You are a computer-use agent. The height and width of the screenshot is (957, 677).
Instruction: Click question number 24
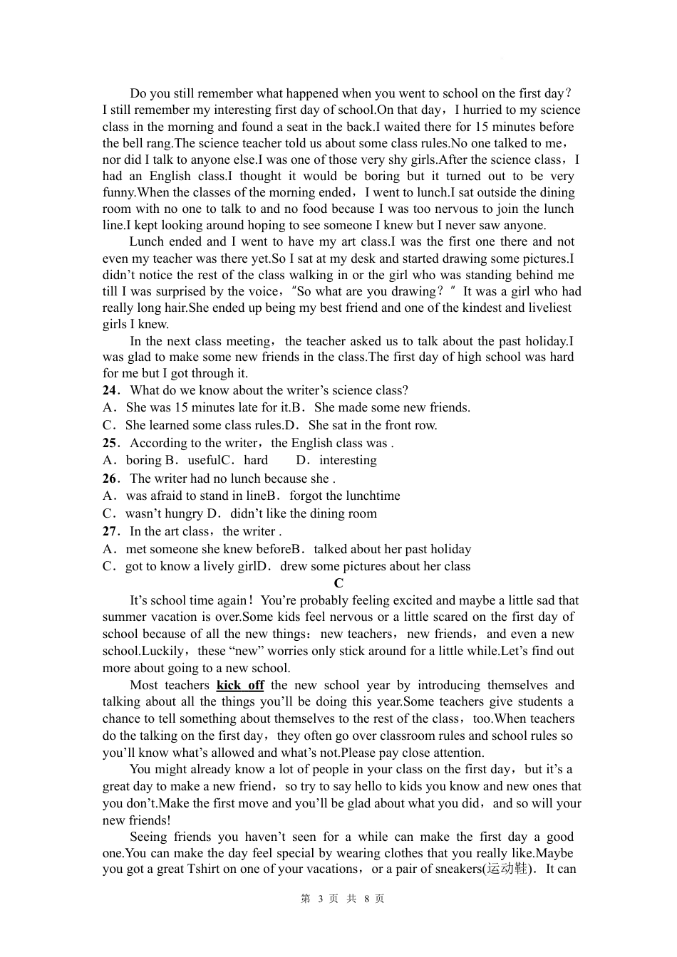[x=109, y=390]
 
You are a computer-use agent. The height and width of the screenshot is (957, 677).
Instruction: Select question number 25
[x=109, y=443]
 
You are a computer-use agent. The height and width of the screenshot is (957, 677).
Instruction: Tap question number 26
[x=109, y=478]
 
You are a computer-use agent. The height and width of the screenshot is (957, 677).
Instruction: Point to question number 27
[x=109, y=531]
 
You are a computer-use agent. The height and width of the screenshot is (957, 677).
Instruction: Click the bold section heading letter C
[x=338, y=583]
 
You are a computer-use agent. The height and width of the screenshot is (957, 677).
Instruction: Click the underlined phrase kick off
[x=240, y=685]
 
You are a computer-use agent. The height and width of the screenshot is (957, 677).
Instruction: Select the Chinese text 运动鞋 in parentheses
[x=507, y=869]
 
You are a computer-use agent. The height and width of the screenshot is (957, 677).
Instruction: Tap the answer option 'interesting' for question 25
[x=348, y=460]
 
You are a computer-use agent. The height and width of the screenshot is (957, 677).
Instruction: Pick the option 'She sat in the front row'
[x=373, y=425]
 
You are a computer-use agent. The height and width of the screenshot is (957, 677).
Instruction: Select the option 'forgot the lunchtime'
[x=345, y=496]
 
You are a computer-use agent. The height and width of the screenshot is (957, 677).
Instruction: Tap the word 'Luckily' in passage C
[x=163, y=651]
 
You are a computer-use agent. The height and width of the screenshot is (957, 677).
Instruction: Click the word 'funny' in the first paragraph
[x=118, y=192]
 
